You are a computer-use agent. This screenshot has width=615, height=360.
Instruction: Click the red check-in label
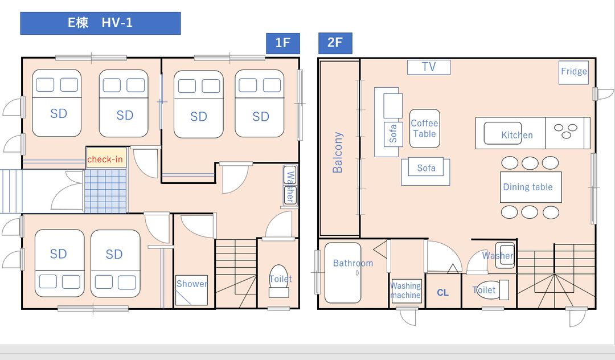pyautogui.click(x=105, y=159)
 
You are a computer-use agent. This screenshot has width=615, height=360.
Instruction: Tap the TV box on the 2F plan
pyautogui.click(x=429, y=67)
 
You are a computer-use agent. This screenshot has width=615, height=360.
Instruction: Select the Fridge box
pyautogui.click(x=573, y=72)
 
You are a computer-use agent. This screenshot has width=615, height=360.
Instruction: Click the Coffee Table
pyautogui.click(x=424, y=129)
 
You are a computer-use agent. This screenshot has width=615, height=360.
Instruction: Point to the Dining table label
pyautogui.click(x=527, y=187)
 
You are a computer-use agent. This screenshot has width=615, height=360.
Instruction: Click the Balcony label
pyautogui.click(x=338, y=152)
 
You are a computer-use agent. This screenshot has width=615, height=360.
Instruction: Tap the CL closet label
pyautogui.click(x=442, y=293)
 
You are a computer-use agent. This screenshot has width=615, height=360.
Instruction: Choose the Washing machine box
pyautogui.click(x=406, y=291)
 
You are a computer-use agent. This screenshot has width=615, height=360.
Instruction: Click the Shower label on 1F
pyautogui.click(x=191, y=284)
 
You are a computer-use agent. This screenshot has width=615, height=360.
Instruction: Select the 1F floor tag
pyautogui.click(x=283, y=43)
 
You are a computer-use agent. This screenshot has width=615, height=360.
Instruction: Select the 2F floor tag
pyautogui.click(x=335, y=43)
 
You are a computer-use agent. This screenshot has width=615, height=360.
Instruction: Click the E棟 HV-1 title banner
pyautogui.click(x=100, y=23)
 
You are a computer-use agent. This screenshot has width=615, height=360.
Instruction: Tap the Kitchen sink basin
pyautogui.click(x=502, y=133)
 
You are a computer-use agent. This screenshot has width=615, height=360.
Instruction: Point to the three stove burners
pyautogui.click(x=565, y=131)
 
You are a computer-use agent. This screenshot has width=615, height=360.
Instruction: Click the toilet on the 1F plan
pyautogui.click(x=279, y=281)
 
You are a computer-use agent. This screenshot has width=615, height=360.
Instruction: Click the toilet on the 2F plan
pyautogui.click(x=491, y=290)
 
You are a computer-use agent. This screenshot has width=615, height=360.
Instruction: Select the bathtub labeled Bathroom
pyautogui.click(x=343, y=273)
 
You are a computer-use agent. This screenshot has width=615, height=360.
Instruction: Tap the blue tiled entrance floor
pyautogui.click(x=106, y=191)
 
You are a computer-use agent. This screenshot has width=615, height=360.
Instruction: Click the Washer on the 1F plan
pyautogui.click(x=290, y=186)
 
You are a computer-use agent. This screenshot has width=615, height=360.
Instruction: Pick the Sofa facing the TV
pyautogui.click(x=425, y=171)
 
